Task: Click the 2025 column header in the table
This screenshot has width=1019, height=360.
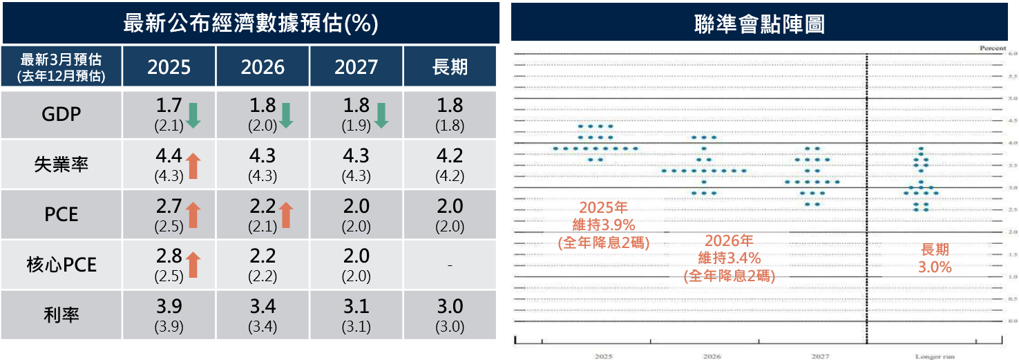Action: click(169, 66)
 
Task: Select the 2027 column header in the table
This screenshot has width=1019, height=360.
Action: click(356, 66)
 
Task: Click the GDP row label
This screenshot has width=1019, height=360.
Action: click(61, 114)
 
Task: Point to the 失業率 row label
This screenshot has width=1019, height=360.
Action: click(61, 164)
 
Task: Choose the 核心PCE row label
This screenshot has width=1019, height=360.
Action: click(61, 265)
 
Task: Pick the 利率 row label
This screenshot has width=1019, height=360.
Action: click(61, 315)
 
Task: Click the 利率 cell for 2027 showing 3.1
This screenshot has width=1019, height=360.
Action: click(356, 315)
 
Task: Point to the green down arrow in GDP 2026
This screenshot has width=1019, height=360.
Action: click(286, 115)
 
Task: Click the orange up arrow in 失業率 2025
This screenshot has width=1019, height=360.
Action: click(193, 166)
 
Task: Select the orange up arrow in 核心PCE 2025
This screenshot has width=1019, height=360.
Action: click(193, 265)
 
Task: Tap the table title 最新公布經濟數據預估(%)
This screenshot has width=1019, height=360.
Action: click(250, 23)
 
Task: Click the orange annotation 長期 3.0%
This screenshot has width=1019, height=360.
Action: click(935, 258)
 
